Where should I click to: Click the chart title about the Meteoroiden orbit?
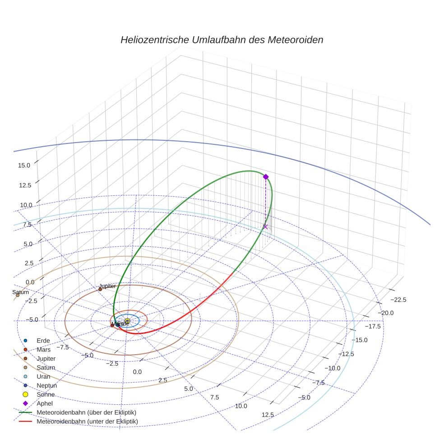point(222,40)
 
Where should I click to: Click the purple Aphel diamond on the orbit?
point(266,177)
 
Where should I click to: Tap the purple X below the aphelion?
point(265,227)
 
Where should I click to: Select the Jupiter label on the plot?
point(107,286)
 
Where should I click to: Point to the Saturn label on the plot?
point(20,292)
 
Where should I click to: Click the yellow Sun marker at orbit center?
point(127,321)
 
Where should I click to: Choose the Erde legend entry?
point(43,340)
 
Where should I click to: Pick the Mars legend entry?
point(43,349)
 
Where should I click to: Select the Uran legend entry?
point(43,376)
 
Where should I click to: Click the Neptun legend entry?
point(47,385)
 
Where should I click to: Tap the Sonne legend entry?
point(46,394)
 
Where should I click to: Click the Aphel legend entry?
point(44,403)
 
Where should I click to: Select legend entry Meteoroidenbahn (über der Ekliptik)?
point(87,412)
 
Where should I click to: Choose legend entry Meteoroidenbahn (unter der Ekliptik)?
point(87,421)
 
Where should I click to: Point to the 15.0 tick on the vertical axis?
point(24,166)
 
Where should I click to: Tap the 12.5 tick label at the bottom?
point(268,415)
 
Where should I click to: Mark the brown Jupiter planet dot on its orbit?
point(100,289)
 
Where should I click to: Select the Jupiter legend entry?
point(46,358)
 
